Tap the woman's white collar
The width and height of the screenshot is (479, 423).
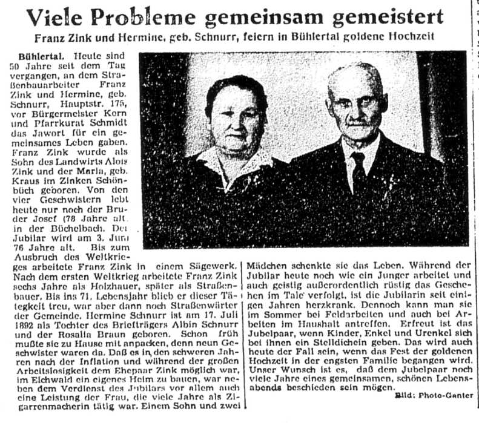233,160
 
